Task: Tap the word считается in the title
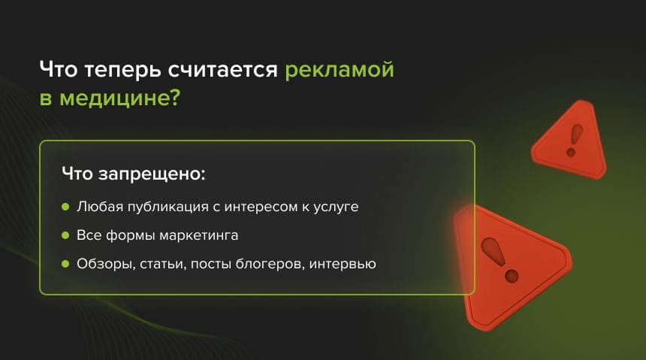222,69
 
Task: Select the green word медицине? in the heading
120,99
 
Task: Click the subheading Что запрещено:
134,174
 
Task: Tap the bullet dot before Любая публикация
65,206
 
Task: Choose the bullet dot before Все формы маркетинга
65,235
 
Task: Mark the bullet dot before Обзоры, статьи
65,264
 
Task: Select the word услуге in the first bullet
336,207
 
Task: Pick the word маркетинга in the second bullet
198,236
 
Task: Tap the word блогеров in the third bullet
270,264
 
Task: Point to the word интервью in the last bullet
343,264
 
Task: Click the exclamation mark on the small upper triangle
575,141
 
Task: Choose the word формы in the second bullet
131,236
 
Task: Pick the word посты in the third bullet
210,264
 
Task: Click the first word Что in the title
59,69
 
